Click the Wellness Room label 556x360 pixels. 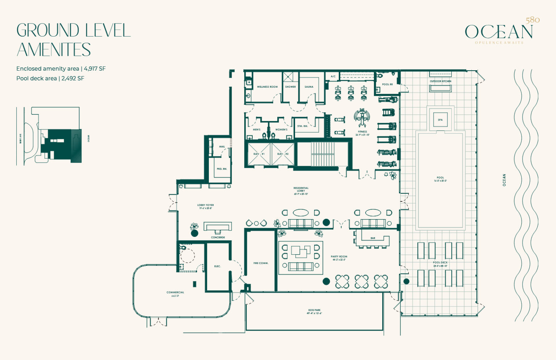pyautogui.click(x=267, y=87)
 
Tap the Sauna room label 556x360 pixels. pyautogui.click(x=309, y=87)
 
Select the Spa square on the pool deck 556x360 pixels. pyautogui.click(x=440, y=120)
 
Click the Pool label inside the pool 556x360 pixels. pyautogui.click(x=440, y=178)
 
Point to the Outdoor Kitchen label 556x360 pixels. pyautogui.click(x=441, y=81)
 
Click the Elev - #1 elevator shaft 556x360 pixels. pyautogui.click(x=259, y=154)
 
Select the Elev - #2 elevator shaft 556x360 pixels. pyautogui.click(x=283, y=154)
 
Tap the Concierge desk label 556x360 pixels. pyautogui.click(x=218, y=238)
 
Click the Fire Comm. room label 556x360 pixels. pyautogui.click(x=261, y=263)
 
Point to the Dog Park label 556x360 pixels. pyautogui.click(x=314, y=310)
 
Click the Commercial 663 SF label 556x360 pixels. pyautogui.click(x=175, y=293)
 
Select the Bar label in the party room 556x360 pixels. pyautogui.click(x=373, y=238)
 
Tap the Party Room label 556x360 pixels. pyautogui.click(x=339, y=257)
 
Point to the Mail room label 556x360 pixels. pyautogui.click(x=222, y=147)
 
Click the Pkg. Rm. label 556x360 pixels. pyautogui.click(x=222, y=169)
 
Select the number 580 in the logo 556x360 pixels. pyautogui.click(x=532, y=20)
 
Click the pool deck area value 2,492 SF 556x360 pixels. pyautogui.click(x=73, y=78)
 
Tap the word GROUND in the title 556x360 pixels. pyautogui.click(x=48, y=30)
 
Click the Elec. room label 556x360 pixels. pyautogui.click(x=217, y=267)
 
